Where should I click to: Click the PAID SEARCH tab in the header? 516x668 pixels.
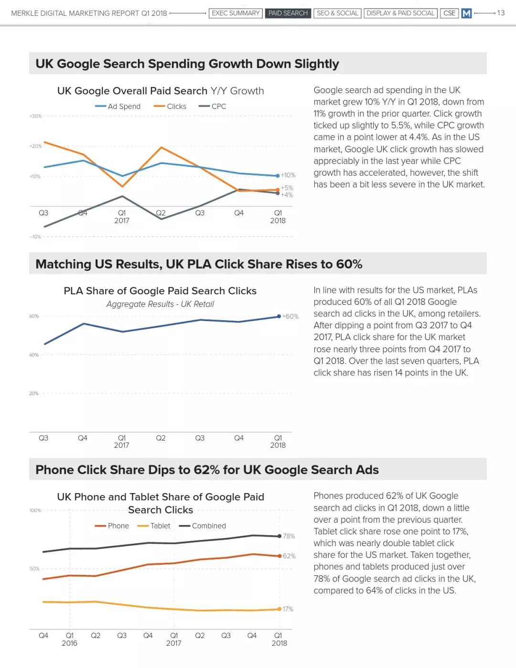point(288,13)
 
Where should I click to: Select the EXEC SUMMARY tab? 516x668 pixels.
point(236,13)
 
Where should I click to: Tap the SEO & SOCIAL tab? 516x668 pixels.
point(337,13)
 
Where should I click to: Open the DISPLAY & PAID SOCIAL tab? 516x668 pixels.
point(400,13)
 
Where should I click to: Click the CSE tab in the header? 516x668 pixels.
point(449,13)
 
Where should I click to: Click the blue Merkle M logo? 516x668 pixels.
point(466,13)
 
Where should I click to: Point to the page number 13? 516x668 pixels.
point(501,13)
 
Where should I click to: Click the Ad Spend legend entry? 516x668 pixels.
point(118,107)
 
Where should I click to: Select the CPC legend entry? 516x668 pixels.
point(212,107)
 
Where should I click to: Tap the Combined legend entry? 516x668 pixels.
point(202,526)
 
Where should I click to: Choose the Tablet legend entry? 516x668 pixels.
point(154,526)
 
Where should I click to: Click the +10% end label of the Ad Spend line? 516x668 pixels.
point(288,175)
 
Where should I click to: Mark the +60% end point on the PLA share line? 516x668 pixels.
point(279,316)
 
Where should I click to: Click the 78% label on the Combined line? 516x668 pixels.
point(289,536)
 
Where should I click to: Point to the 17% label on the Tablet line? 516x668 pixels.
point(288,609)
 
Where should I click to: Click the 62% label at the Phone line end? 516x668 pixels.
point(289,556)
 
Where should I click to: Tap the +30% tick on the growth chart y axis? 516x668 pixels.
point(35,116)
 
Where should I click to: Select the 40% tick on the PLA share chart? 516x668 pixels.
point(34,355)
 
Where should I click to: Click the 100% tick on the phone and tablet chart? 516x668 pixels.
point(35,510)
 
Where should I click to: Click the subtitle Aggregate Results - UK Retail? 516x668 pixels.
point(160,304)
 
